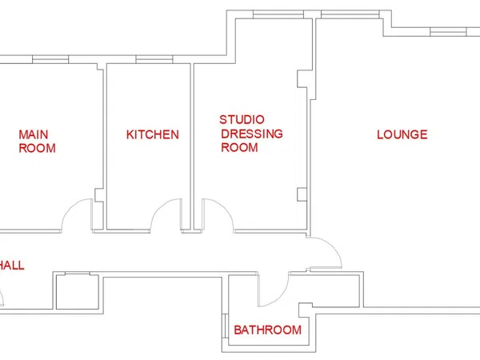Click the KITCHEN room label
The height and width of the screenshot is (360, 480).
(153, 134)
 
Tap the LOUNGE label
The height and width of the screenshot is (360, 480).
(402, 134)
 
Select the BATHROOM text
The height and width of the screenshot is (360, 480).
(267, 330)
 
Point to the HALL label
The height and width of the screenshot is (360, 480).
(12, 265)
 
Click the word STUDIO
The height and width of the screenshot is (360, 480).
(242, 120)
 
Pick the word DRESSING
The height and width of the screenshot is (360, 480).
(252, 134)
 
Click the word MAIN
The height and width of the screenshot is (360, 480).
(34, 134)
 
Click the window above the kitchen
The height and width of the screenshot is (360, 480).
(154, 59)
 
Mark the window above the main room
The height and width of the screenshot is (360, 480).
(50, 59)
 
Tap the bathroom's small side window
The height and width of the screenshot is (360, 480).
(226, 326)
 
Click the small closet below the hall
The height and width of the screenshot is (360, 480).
(77, 291)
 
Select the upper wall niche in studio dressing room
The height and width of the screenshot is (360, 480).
(302, 79)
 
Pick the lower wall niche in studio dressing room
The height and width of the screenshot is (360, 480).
(302, 194)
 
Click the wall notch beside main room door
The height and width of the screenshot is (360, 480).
(99, 195)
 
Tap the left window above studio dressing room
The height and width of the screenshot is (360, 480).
(278, 14)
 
